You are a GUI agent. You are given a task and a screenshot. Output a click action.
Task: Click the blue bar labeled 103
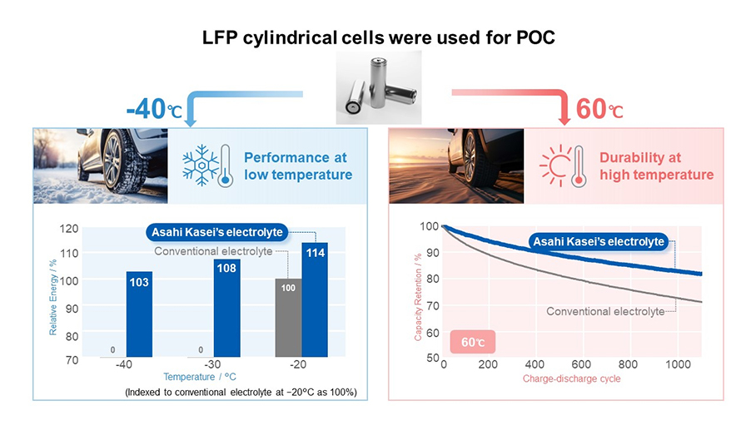point(139,314)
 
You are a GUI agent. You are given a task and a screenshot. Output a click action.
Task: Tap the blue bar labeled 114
point(315,299)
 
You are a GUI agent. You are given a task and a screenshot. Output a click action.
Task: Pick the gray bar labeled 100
point(288,318)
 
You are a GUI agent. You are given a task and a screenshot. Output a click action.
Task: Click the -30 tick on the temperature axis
point(213,366)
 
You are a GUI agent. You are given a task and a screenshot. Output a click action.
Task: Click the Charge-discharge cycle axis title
point(571,379)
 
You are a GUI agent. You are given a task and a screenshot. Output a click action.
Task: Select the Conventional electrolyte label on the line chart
point(605,311)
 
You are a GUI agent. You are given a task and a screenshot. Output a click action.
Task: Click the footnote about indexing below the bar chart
point(241,392)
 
